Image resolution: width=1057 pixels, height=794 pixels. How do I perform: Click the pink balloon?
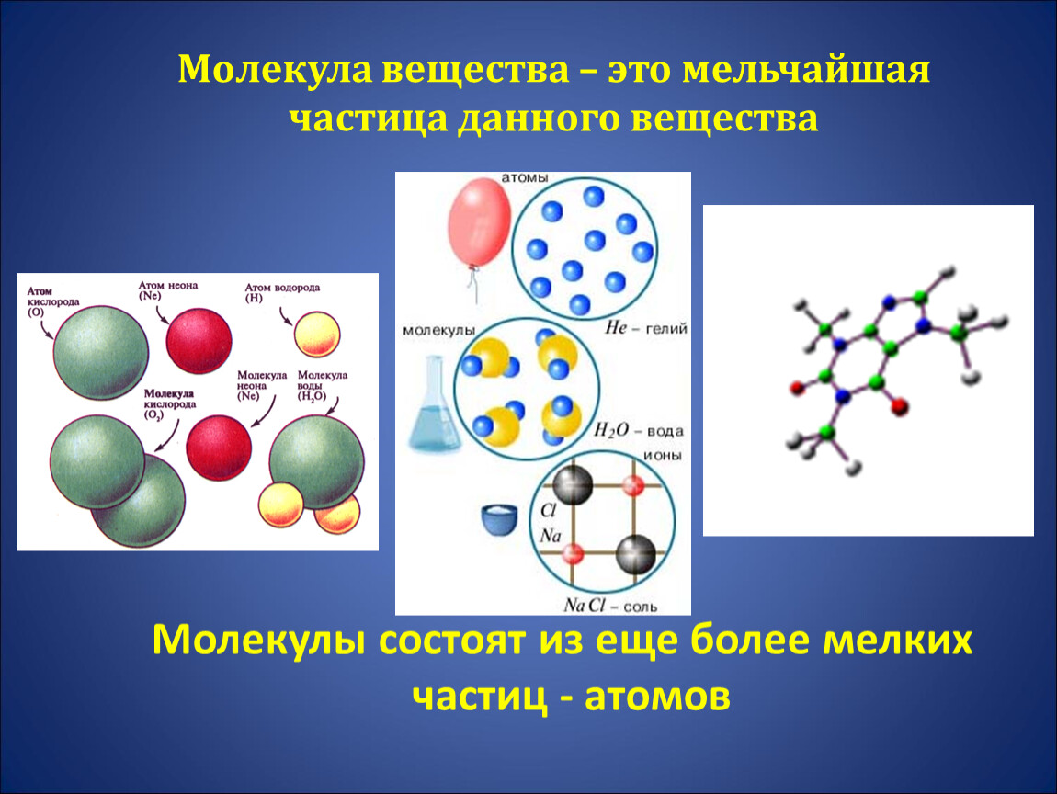pyautogui.click(x=479, y=222)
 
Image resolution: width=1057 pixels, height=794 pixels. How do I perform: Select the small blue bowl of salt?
pyautogui.click(x=499, y=518)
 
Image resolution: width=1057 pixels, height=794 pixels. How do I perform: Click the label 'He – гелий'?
pyautogui.click(x=646, y=328)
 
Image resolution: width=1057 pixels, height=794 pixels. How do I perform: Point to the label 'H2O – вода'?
pyautogui.click(x=638, y=430)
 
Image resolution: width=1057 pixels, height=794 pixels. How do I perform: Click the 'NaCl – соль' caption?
pyautogui.click(x=609, y=606)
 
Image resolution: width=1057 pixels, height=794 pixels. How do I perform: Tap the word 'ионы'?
pyautogui.click(x=663, y=456)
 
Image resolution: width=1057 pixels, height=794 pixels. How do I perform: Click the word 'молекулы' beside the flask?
pyautogui.click(x=438, y=330)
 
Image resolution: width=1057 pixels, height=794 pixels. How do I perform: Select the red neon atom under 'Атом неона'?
pyautogui.click(x=199, y=340)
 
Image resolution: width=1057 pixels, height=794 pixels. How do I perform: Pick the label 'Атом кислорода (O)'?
pyautogui.click(x=53, y=301)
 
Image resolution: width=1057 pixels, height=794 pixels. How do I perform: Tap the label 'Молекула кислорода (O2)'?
pyautogui.click(x=170, y=404)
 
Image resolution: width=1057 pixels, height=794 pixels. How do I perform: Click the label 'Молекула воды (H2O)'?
pyautogui.click(x=323, y=386)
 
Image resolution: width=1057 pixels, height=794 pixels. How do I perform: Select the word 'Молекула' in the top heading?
pyautogui.click(x=275, y=70)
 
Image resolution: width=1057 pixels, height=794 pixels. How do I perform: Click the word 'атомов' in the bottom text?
pyautogui.click(x=657, y=697)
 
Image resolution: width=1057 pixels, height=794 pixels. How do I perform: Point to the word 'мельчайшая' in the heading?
pyautogui.click(x=806, y=70)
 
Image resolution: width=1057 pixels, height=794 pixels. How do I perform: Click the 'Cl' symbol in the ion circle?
pyautogui.click(x=548, y=511)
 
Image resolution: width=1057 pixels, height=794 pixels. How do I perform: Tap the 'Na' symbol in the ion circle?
pyautogui.click(x=550, y=536)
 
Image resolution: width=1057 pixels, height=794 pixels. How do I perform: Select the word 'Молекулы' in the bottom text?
pyautogui.click(x=259, y=640)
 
